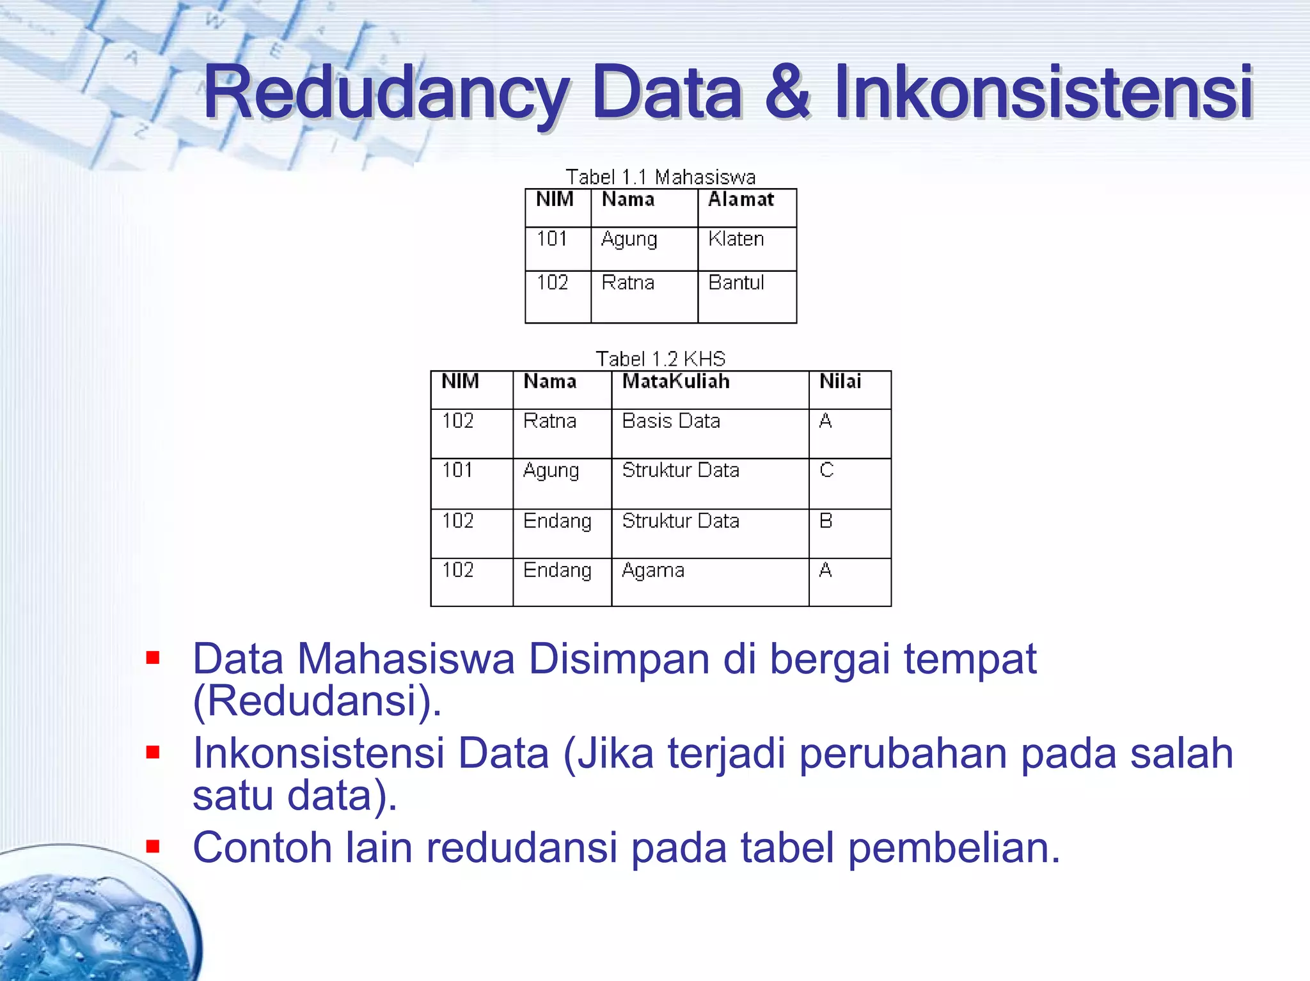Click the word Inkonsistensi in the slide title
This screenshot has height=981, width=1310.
click(1043, 93)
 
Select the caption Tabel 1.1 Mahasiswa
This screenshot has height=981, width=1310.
click(660, 177)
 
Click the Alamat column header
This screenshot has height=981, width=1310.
click(741, 200)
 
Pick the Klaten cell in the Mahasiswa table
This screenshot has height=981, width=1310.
click(736, 239)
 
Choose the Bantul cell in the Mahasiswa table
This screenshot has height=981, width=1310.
click(736, 283)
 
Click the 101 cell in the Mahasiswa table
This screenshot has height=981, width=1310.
click(552, 239)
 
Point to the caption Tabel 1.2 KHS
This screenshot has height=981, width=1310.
click(660, 359)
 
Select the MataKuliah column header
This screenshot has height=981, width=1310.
click(675, 382)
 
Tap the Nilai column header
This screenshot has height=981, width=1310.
click(840, 382)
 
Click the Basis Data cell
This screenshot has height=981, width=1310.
click(671, 421)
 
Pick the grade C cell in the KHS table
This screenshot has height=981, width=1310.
click(826, 471)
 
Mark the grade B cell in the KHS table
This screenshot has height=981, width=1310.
click(826, 521)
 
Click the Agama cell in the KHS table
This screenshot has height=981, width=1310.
click(653, 570)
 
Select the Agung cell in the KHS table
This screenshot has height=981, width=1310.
click(551, 471)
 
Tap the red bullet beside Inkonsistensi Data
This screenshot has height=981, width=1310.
click(152, 752)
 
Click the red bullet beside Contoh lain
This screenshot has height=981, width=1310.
click(152, 847)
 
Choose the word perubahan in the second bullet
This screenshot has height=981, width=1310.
click(903, 753)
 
